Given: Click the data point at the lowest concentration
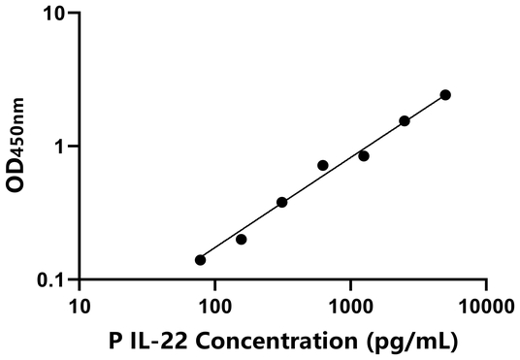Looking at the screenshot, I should click(200, 260).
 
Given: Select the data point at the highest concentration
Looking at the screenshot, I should click(445, 94).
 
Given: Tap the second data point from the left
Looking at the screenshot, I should click(242, 239).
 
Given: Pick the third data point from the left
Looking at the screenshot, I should click(282, 202).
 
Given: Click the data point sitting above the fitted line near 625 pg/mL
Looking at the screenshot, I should click(323, 165).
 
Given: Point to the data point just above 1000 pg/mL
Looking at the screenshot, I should click(364, 155).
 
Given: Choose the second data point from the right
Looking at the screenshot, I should click(405, 120).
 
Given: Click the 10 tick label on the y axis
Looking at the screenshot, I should click(56, 15).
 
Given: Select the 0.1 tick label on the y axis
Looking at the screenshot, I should click(52, 280).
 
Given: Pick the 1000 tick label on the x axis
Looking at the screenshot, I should click(350, 308).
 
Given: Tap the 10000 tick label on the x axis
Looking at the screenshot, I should click(485, 308).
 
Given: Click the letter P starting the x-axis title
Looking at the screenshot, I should click(117, 341).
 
